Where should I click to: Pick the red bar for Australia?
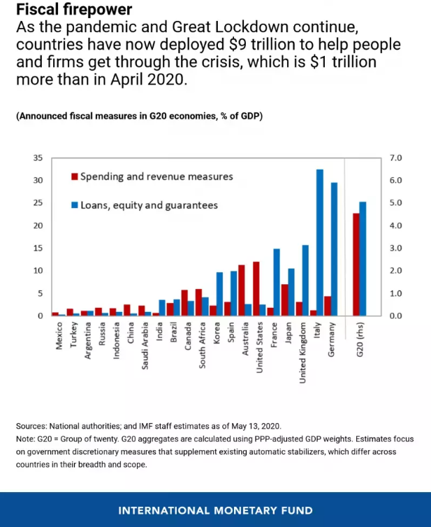point(241,290)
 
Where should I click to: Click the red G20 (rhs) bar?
point(356,265)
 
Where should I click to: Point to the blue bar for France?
point(277,282)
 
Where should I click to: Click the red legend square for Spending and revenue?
point(74,177)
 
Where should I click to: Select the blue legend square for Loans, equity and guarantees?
point(74,205)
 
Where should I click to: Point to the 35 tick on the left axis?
point(38,158)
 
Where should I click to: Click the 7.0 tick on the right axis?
point(395,158)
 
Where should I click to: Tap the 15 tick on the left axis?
point(38,248)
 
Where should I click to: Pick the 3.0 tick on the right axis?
point(395,248)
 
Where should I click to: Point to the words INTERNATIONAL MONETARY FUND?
point(215,510)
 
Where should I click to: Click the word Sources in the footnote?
point(30,425)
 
